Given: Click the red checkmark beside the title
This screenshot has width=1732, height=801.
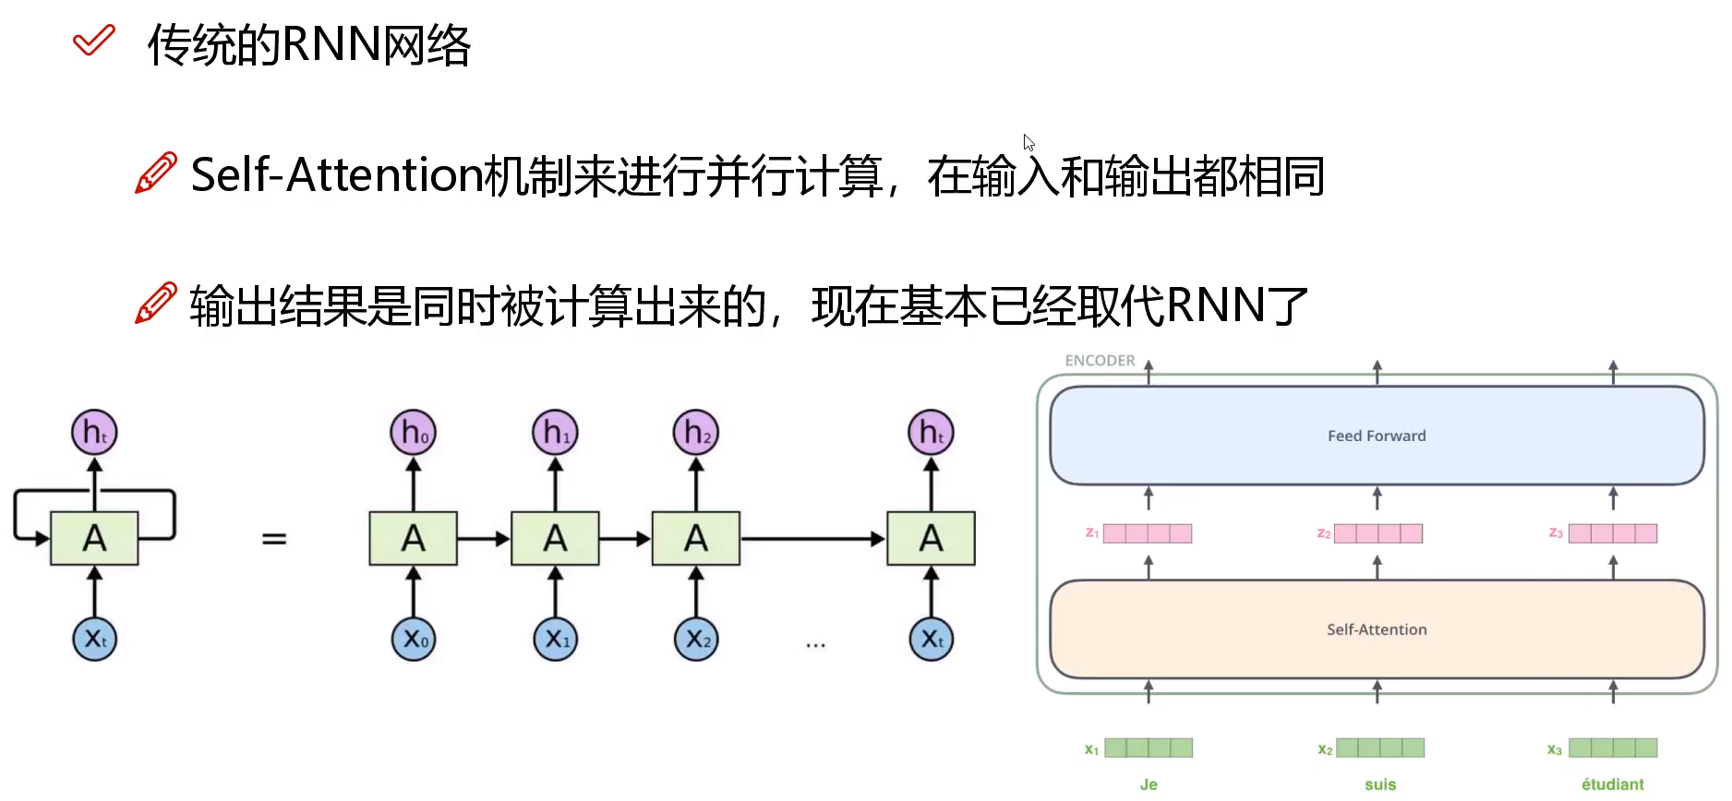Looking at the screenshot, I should click(93, 41).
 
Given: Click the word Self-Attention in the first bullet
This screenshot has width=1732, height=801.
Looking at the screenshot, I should click(336, 174).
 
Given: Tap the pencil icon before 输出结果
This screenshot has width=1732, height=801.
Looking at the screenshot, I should click(155, 304).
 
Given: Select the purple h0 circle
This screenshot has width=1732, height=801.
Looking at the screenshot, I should click(413, 433).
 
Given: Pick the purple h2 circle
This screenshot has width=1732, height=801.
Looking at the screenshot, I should click(696, 433).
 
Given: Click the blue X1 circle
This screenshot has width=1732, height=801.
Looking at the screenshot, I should click(555, 639).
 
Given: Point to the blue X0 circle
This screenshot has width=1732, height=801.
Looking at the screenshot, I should click(413, 639).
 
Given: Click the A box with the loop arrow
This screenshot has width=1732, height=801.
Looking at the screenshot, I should click(94, 538).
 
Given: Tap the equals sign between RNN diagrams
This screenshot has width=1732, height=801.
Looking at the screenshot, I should click(274, 538).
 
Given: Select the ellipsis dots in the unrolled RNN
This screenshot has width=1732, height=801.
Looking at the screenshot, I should click(815, 644).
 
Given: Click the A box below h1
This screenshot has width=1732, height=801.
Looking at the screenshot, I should click(555, 538).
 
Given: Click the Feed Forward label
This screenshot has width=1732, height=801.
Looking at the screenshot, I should click(1377, 436).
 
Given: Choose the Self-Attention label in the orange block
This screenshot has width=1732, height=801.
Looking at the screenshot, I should click(1377, 629).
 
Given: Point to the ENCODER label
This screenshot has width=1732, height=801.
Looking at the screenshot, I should click(1100, 360).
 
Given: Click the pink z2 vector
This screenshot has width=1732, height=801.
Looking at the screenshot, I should click(1378, 533).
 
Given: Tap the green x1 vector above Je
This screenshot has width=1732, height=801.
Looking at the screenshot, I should click(1149, 747).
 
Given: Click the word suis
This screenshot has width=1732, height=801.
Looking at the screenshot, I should click(1380, 784).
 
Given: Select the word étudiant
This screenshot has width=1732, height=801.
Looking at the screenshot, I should click(1612, 784).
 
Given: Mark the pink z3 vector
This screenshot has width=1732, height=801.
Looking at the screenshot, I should click(1612, 533).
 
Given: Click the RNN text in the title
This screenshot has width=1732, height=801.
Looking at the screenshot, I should click(331, 44).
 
